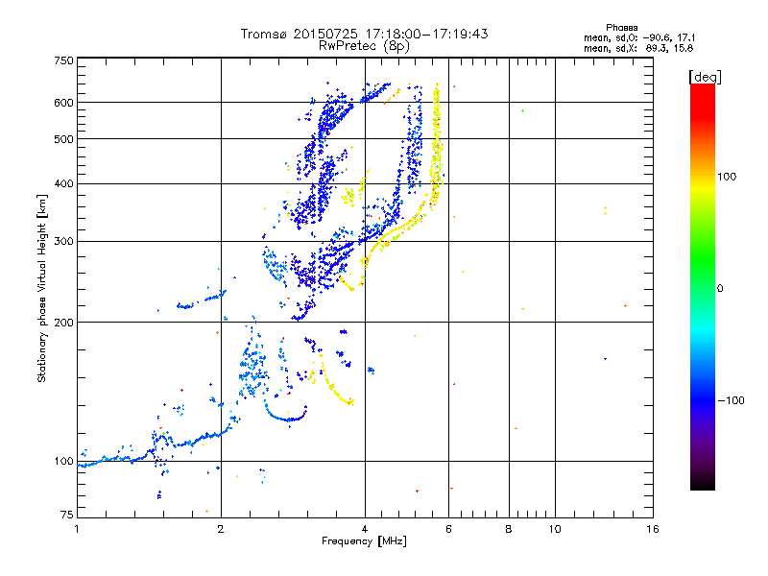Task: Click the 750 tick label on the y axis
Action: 63,60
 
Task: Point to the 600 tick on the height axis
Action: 63,102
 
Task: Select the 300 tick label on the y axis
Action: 63,241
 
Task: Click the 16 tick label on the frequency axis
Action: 651,528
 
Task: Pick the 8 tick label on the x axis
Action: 509,528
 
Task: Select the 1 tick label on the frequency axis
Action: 77,528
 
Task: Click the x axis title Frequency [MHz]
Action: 364,542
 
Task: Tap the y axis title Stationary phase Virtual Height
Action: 42,288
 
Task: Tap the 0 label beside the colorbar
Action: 721,288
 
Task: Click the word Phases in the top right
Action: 623,27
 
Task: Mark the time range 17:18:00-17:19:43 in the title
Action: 422,34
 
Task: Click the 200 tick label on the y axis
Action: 63,322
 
